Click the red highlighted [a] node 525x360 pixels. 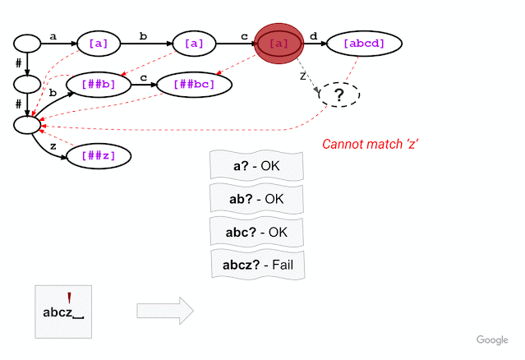(x=279, y=43)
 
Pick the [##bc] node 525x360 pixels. (x=188, y=84)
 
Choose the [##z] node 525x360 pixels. (x=98, y=155)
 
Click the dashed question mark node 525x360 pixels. (x=339, y=96)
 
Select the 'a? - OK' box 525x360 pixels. (x=257, y=166)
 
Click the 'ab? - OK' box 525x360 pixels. (x=257, y=199)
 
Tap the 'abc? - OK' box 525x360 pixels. (x=257, y=232)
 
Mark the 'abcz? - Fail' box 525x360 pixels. (x=257, y=265)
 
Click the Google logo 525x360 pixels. (x=492, y=339)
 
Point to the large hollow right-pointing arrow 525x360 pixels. (x=164, y=311)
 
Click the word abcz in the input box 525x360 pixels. (x=58, y=312)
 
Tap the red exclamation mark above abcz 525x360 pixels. (x=69, y=298)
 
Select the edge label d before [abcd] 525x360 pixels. (x=313, y=35)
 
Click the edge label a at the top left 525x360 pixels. (x=53, y=35)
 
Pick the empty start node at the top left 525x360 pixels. (x=26, y=43)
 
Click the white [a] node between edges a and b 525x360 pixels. (x=98, y=43)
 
